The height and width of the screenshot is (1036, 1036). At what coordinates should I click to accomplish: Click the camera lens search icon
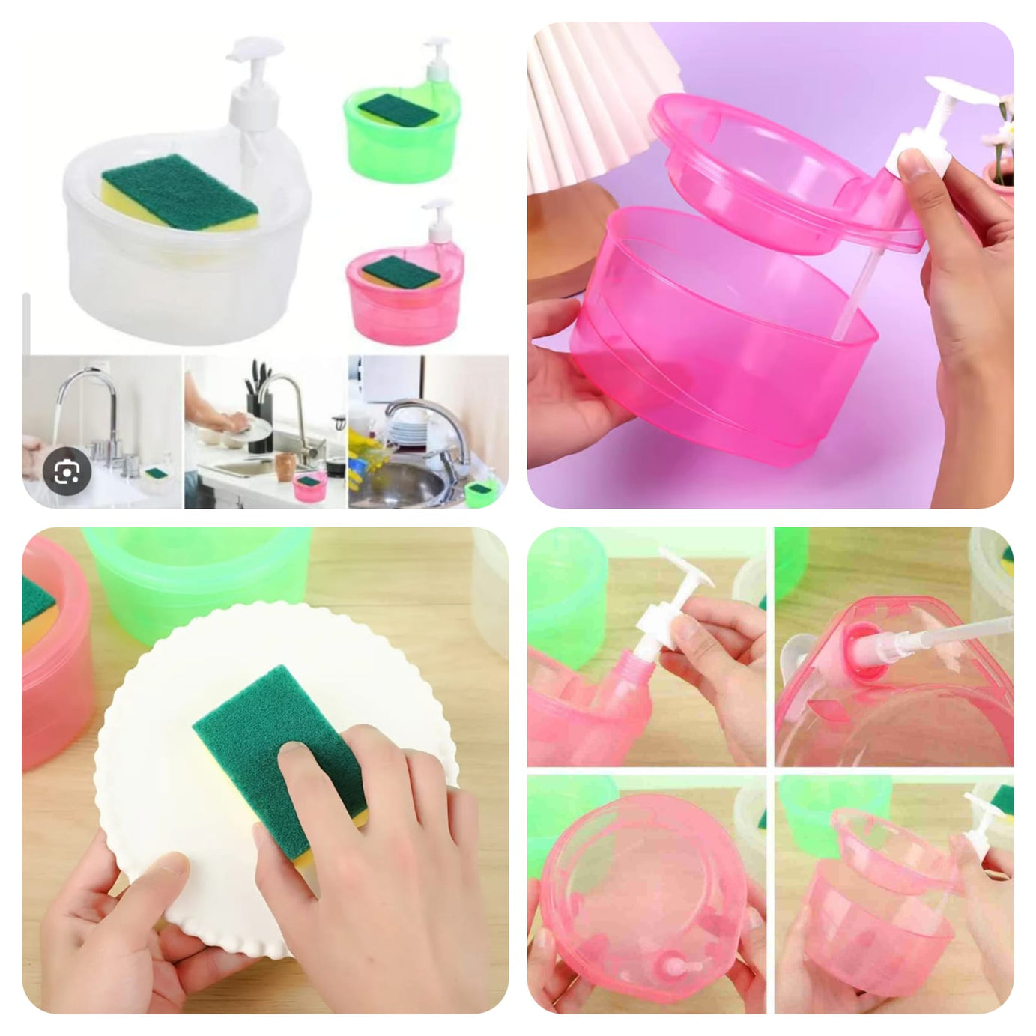pos(67,472)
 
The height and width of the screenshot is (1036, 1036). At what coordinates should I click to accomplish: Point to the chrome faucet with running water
pos(90,405)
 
